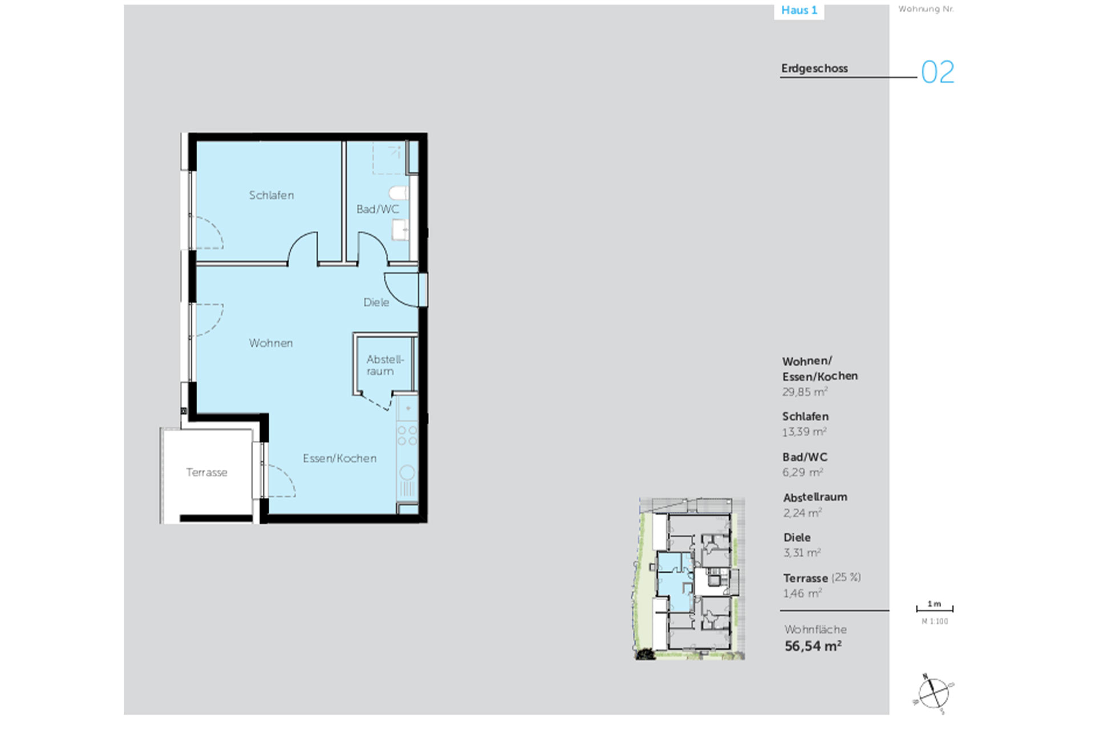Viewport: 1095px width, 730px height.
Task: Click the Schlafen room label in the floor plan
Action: tap(271, 195)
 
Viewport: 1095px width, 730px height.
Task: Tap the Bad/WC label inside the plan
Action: tap(378, 209)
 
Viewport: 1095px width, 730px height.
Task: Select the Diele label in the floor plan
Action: tap(376, 302)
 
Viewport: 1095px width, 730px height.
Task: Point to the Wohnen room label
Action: tap(271, 343)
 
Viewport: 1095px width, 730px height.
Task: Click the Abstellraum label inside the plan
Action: tap(385, 365)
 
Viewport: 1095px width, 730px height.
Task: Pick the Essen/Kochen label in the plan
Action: tap(339, 459)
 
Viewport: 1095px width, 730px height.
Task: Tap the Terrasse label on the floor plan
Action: tap(206, 472)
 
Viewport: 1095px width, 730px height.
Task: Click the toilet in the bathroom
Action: tap(399, 193)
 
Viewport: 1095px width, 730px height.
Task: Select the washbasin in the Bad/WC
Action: tap(400, 230)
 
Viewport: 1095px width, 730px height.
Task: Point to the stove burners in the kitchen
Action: tap(407, 435)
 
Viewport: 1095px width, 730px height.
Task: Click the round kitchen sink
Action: tap(407, 472)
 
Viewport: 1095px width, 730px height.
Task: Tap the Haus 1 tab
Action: tap(799, 10)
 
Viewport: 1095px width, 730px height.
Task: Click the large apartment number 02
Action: tap(938, 72)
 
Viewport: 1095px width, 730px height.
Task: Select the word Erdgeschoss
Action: tap(814, 68)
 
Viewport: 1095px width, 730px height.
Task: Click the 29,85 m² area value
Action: tap(805, 392)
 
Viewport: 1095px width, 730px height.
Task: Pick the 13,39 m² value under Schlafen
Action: tap(804, 432)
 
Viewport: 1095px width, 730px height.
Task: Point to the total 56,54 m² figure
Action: tap(813, 646)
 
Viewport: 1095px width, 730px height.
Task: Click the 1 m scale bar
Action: tap(935, 609)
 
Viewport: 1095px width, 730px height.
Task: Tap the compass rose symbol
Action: tap(934, 693)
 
